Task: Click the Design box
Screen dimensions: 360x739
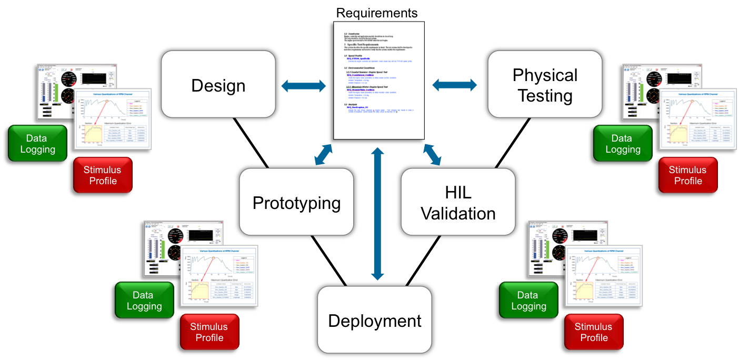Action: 218,86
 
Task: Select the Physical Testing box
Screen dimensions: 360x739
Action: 545,85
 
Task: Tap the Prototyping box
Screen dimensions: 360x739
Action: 296,203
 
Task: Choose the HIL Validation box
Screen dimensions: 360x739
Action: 458,203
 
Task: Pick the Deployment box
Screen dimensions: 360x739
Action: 374,321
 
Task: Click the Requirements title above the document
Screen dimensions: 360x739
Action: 377,13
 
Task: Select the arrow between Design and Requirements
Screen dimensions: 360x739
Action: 304,85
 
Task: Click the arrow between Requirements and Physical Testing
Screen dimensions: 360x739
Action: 454,84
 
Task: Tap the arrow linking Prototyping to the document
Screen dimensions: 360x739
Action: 323,155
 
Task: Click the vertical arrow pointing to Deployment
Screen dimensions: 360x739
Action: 376,214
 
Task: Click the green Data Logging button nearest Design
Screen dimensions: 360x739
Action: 37,144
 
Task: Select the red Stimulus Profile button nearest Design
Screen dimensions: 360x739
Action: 102,175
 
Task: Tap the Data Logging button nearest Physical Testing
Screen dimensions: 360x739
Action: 623,144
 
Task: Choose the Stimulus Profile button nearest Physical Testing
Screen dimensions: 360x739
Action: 688,175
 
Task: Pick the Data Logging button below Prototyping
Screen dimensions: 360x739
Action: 144,301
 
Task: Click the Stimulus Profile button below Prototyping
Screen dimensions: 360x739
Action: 209,332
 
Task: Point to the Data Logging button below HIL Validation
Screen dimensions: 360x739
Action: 528,301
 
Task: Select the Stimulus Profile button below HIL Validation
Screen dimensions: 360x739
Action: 593,332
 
